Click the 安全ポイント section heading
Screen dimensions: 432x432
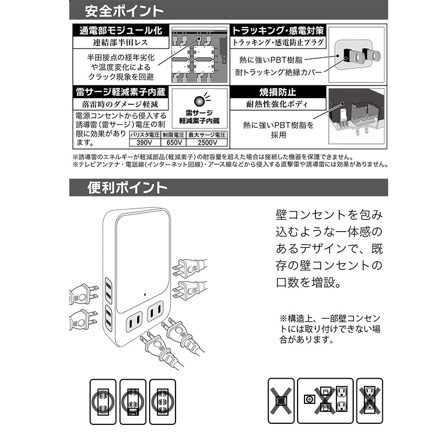124,11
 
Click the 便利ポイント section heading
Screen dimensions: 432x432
127,188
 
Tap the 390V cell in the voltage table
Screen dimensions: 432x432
144,143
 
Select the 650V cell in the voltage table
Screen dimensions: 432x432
173,143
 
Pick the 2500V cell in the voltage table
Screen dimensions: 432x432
207,143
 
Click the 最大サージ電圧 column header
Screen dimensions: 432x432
207,135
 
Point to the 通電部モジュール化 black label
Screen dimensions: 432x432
120,30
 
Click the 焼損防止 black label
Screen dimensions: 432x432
278,92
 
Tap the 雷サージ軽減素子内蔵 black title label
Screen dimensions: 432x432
120,92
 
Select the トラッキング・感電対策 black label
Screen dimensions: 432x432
278,30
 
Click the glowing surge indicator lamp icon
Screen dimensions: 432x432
199,101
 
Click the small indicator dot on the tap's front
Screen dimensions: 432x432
145,294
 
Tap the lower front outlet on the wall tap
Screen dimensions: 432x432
134,321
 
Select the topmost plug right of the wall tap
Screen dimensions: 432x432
190,268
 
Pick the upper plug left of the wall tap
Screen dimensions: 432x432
83,294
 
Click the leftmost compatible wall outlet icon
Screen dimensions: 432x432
103,402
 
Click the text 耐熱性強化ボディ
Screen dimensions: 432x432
277,104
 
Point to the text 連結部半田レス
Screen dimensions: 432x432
120,43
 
